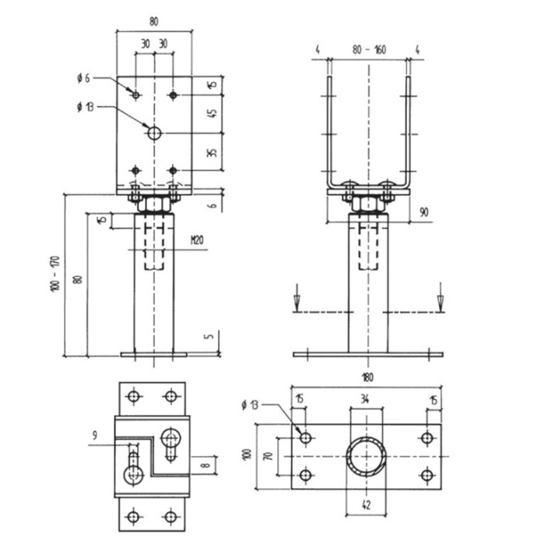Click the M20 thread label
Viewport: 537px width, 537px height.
coord(197,240)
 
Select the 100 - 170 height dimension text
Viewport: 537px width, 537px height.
coord(55,274)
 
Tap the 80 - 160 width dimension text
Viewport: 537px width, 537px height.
coord(369,50)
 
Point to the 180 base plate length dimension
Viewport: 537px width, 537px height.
coord(367,377)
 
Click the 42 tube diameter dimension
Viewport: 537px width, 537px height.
coord(366,505)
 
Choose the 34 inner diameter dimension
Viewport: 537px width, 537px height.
coord(365,399)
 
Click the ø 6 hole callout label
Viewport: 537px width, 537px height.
coord(83,79)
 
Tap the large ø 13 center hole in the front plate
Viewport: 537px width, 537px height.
coord(154,133)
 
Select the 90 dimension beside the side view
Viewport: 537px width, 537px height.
coord(424,212)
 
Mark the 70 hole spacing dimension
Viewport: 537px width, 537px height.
coord(269,456)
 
